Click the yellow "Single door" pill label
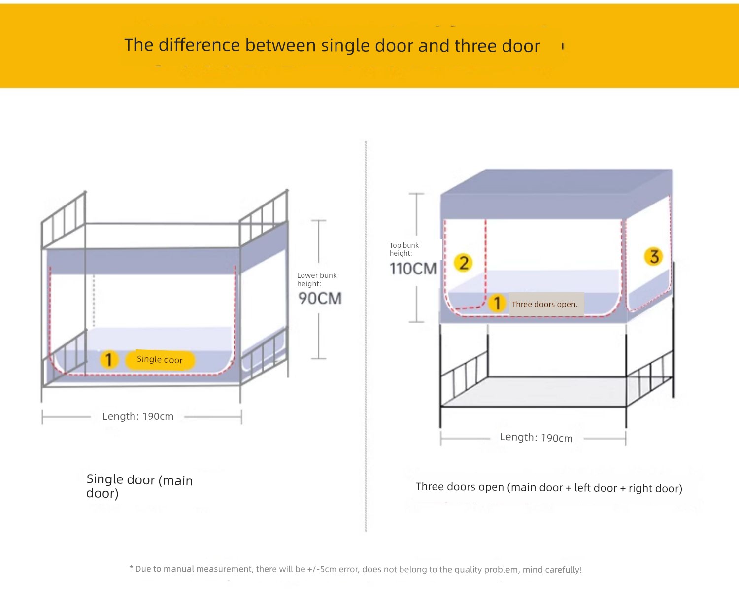point(160,360)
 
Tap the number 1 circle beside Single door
point(109,360)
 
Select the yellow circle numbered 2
point(463,263)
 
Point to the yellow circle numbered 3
point(653,256)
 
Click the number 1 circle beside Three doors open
point(497,304)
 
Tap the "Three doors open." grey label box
point(546,304)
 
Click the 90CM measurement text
point(320,299)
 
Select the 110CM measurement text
point(413,269)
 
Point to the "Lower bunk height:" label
point(317,279)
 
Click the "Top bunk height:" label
point(404,249)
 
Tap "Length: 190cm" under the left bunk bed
point(138,416)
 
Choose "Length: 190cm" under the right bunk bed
point(536,438)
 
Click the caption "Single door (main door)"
point(139,486)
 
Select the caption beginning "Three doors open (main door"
point(549,487)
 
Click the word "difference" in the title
point(199,45)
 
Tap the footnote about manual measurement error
point(356,569)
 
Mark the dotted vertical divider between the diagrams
point(366,337)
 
